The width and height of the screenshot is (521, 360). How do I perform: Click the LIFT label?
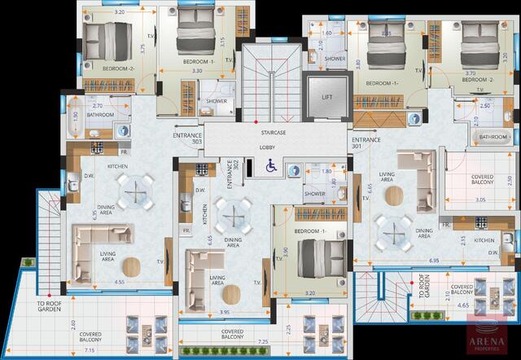(327, 98)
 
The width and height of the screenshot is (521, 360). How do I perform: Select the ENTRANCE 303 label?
(187, 138)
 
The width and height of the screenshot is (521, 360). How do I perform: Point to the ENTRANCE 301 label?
(366, 143)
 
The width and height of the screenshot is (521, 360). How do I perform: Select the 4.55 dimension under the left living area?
(119, 282)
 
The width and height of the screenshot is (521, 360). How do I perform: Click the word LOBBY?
(267, 147)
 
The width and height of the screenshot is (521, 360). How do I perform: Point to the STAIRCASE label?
(274, 132)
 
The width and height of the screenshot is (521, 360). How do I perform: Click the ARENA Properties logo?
(489, 339)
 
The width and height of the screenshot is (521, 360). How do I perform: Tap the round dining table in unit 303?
(134, 192)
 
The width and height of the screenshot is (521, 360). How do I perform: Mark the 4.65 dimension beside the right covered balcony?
(463, 305)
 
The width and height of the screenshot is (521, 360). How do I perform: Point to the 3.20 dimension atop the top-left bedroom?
(119, 14)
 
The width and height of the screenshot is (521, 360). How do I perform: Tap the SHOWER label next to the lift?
(335, 59)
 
